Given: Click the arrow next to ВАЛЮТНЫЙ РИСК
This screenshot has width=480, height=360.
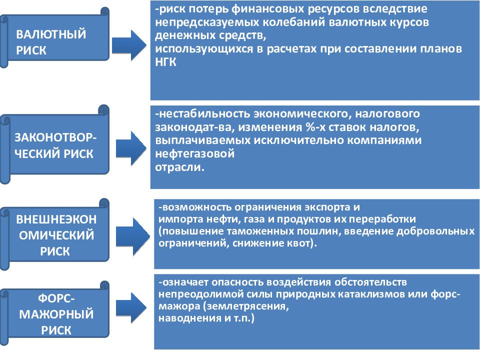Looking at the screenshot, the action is (x=129, y=45).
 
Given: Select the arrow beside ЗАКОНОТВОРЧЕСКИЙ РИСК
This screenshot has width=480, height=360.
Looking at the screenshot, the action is (x=131, y=148).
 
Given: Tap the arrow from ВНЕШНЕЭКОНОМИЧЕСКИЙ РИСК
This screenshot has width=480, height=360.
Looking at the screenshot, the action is (x=132, y=236).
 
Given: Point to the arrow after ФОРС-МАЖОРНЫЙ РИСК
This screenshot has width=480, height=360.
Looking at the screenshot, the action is (x=131, y=308).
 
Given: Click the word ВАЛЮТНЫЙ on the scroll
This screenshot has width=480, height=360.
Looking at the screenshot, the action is (x=51, y=34).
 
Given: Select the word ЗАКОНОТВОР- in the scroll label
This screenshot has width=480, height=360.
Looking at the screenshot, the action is (x=55, y=137).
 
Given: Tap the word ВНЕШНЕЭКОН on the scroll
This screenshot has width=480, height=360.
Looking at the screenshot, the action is (x=56, y=219).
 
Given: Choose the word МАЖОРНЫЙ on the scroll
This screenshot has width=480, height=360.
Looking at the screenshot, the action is (x=56, y=314).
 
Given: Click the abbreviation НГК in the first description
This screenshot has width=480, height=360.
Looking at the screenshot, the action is (x=165, y=62).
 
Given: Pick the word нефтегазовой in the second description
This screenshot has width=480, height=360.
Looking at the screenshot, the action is (x=194, y=153).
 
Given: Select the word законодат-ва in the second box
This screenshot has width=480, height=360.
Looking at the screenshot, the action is (x=194, y=127).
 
